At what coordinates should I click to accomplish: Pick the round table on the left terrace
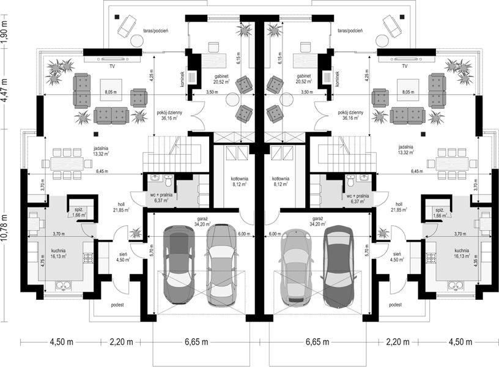tap(136, 40)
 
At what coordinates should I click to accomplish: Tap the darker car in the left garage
tap(177, 264)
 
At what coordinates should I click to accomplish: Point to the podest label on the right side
tap(395, 305)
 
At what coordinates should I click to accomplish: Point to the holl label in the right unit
tap(399, 205)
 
